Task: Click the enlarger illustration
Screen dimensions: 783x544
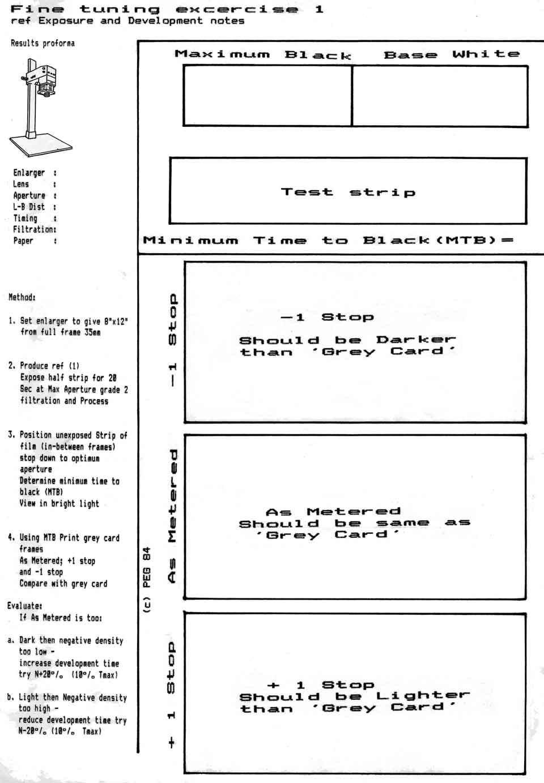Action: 40,108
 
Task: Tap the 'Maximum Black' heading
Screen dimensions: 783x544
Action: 263,55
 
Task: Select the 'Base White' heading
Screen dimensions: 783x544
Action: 451,54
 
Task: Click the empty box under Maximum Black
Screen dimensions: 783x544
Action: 267,95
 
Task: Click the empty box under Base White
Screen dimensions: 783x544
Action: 440,95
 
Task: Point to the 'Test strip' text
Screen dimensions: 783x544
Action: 348,192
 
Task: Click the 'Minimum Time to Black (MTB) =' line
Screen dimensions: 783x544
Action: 328,240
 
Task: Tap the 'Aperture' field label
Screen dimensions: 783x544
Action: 29,195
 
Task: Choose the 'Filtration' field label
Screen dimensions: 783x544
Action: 34,229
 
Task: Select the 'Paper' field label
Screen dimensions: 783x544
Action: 23,241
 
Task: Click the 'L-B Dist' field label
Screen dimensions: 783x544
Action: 29,207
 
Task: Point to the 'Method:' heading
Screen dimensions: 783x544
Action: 22,297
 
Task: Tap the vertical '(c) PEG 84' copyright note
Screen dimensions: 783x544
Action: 147,580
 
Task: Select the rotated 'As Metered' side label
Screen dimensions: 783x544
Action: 173,516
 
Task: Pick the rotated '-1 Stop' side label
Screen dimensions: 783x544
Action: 173,340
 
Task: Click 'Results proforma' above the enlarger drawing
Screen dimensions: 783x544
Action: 42,43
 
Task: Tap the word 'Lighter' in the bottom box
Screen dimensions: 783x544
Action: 423,695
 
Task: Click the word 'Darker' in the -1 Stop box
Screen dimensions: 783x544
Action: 416,340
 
